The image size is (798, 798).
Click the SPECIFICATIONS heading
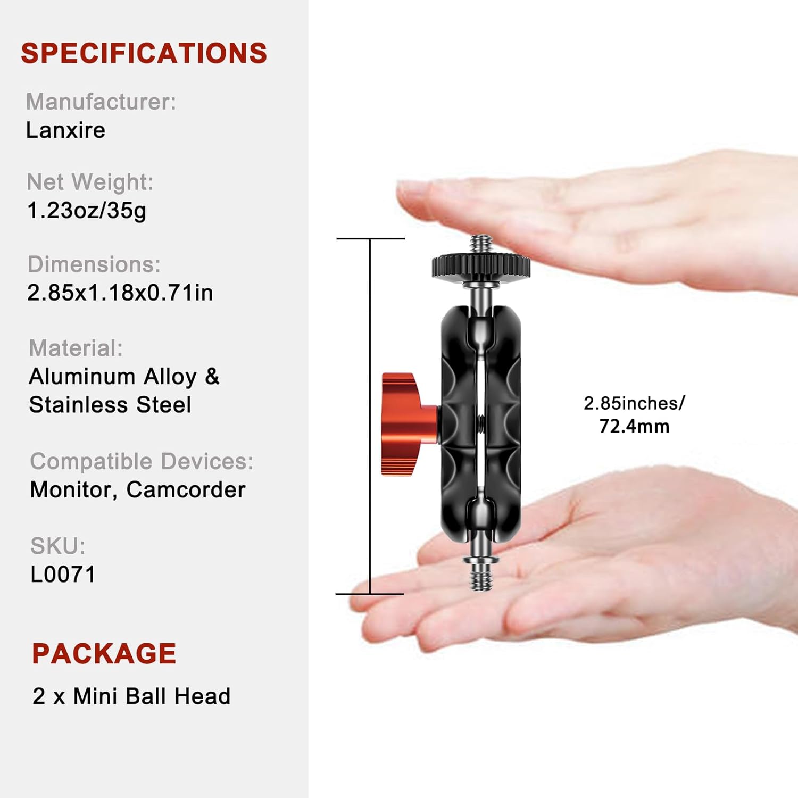pos(144,53)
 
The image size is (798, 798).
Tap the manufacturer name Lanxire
pos(65,130)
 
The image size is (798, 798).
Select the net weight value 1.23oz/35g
pos(87,211)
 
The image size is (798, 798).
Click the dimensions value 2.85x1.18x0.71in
pos(120,293)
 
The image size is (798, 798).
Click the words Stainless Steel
pos(110,405)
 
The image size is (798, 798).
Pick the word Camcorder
pos(186,490)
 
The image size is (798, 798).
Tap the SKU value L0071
pos(63,575)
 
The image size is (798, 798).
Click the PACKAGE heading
pos(104,654)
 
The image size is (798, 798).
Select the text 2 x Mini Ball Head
pos(131,696)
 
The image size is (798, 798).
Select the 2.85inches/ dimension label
pos(634,403)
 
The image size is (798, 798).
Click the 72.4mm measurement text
pos(634,427)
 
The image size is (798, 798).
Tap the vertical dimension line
pos(370,416)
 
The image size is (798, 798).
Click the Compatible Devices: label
pos(142,461)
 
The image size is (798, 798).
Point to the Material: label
pos(76,348)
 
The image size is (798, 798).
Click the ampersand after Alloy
pos(212,377)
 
